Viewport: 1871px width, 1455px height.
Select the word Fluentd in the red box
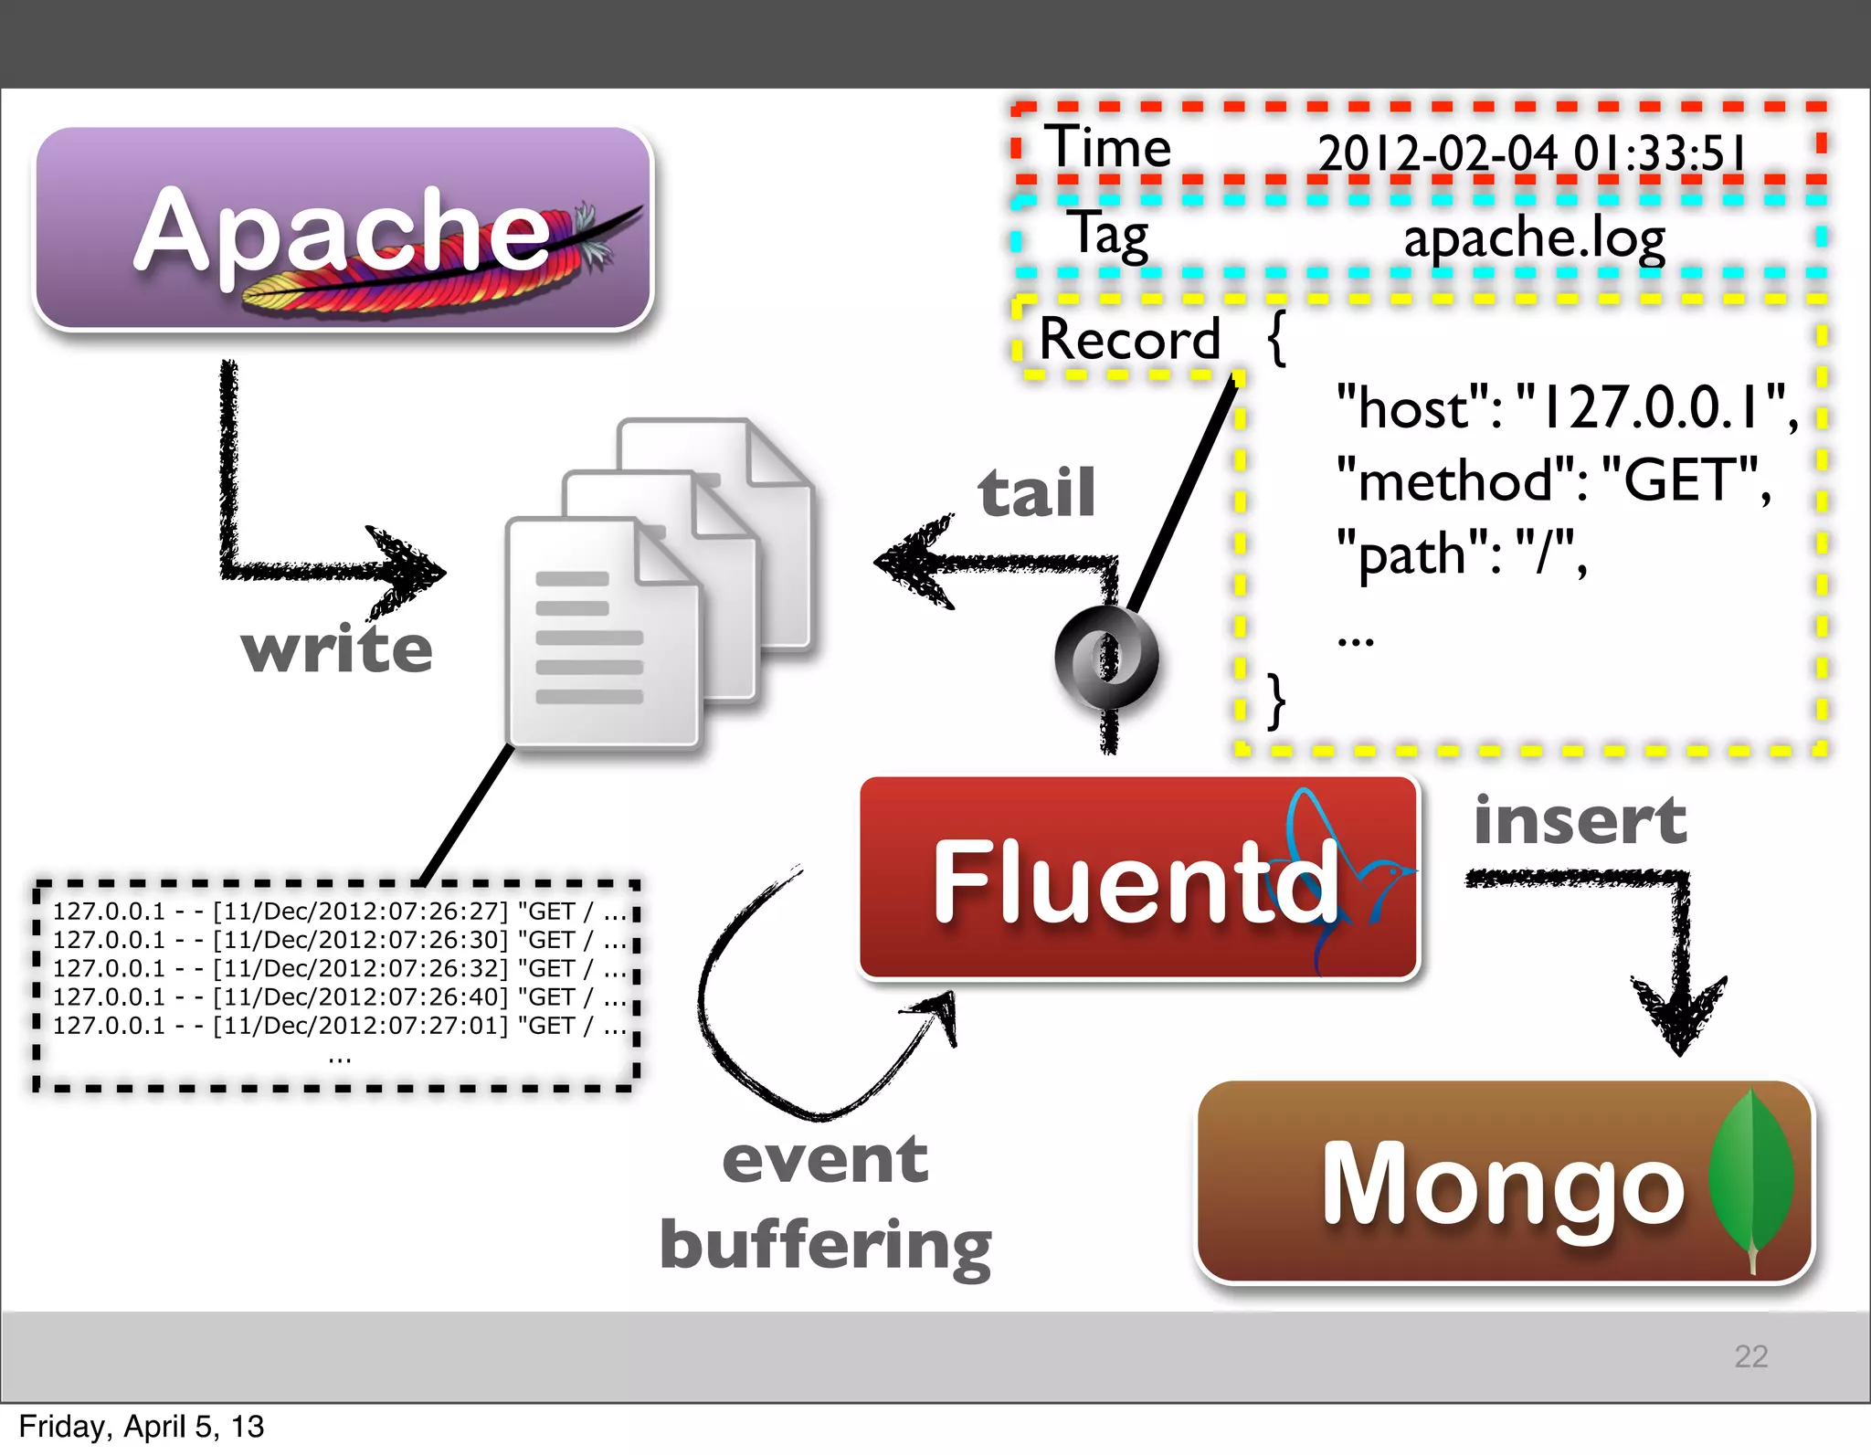pos(1133,880)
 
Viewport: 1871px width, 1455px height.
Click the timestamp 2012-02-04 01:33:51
pos(1531,153)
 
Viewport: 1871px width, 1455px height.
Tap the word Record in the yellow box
pos(1129,339)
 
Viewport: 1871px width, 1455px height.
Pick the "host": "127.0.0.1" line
pos(1566,406)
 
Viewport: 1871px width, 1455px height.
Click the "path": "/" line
pos(1461,554)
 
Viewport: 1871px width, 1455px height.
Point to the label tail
pos(1036,493)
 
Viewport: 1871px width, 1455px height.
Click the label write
pos(336,649)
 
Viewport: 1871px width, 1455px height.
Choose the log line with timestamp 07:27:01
pos(338,1026)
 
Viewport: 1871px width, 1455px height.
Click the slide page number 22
pos(1750,1355)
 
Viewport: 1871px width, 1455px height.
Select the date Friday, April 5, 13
pos(142,1427)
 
